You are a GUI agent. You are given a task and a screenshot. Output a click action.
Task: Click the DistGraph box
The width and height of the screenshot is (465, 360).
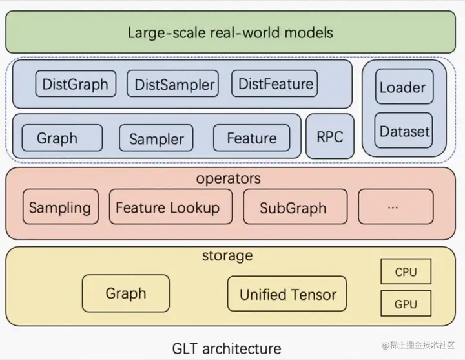coord(76,83)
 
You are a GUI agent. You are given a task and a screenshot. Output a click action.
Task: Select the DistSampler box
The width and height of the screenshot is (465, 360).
coord(172,83)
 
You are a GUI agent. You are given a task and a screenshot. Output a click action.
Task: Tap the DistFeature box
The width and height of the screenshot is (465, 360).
coord(274,83)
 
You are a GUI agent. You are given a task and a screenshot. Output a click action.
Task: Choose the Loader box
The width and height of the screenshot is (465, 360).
coord(404,87)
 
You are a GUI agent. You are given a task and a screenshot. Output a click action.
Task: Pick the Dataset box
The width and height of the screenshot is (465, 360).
coord(404,131)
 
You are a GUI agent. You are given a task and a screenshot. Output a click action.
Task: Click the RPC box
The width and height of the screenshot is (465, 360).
coord(330,136)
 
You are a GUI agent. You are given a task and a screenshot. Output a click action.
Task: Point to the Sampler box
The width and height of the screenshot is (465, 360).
coord(156,138)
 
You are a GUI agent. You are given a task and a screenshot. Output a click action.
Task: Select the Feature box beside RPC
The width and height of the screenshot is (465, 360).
coord(251,138)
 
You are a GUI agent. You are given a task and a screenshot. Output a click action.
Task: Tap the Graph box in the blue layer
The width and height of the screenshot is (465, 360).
coord(62,138)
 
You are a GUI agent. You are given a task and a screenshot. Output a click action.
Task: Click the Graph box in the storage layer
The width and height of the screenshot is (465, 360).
coord(126,293)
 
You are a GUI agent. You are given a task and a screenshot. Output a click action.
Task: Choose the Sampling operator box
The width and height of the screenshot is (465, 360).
coord(61,207)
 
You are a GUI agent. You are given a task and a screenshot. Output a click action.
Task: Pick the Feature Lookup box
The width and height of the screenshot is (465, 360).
coord(170,207)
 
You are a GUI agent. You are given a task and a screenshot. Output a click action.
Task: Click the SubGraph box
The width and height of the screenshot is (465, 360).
coord(295,207)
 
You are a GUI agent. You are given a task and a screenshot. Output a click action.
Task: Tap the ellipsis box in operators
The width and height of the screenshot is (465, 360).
coord(396,207)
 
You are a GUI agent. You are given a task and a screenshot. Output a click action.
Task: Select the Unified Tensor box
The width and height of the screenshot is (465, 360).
coord(287,293)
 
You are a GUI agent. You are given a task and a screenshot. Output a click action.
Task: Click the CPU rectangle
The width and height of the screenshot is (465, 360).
coord(406,271)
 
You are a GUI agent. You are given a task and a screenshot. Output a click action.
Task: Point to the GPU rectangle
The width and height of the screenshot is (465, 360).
coord(406,303)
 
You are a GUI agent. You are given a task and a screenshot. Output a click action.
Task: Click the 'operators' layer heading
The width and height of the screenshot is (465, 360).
coord(229,178)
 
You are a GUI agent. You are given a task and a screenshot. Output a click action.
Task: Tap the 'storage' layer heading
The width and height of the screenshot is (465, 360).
coord(227,255)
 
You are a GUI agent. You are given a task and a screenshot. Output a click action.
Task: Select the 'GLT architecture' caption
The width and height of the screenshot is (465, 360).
coord(227,348)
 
